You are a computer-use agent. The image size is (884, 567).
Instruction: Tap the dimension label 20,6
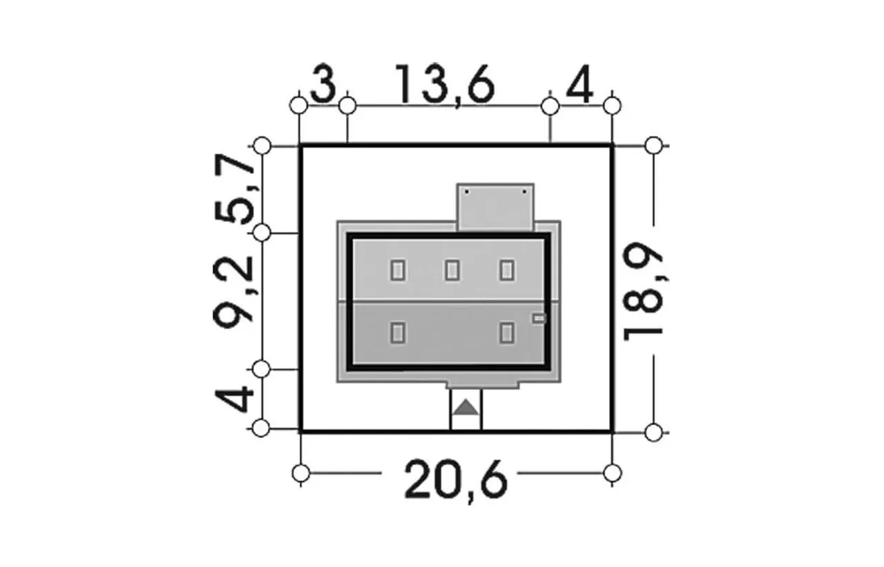click(456, 481)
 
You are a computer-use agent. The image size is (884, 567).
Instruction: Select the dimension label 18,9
click(642, 291)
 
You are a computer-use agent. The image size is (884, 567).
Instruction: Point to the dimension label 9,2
click(233, 292)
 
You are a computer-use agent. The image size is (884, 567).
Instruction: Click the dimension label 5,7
click(234, 189)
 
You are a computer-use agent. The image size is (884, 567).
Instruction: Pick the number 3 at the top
click(324, 83)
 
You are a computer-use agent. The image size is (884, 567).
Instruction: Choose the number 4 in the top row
click(579, 84)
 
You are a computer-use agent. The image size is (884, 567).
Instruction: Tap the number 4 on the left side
click(234, 399)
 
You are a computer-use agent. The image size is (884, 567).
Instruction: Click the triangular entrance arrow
click(465, 407)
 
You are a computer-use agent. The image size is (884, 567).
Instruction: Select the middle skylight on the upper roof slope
click(452, 270)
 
